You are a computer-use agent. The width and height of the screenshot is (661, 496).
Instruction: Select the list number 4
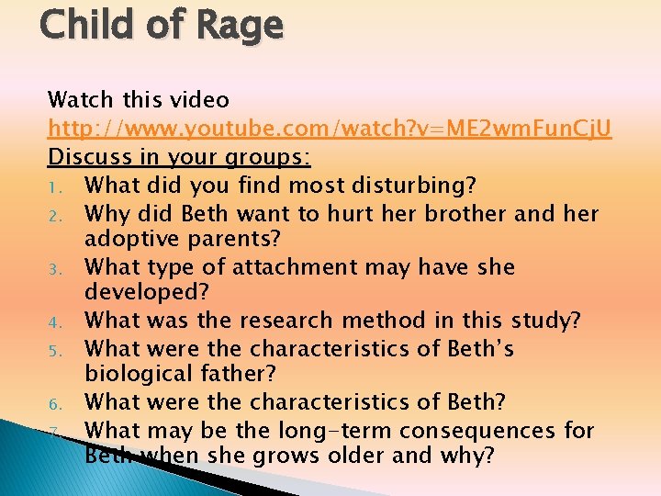click(x=54, y=322)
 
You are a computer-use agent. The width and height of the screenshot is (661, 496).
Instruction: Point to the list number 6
click(x=54, y=403)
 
